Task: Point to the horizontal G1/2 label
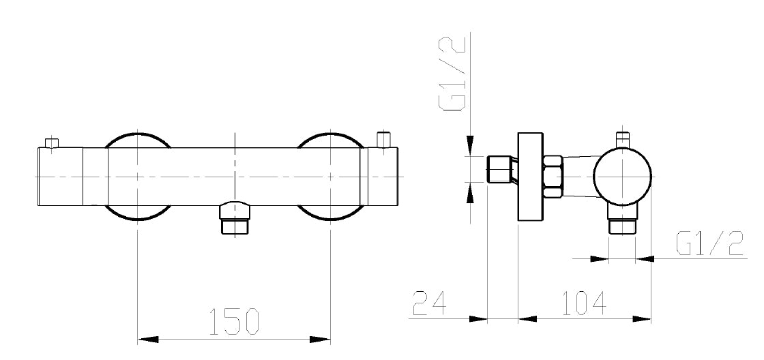(x=709, y=243)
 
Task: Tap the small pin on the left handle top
(x=50, y=142)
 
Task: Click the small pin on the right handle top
(x=384, y=138)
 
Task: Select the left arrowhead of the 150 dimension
(x=148, y=339)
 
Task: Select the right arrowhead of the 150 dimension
(x=320, y=339)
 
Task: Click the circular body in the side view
(x=622, y=175)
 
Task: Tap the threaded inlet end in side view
(x=500, y=169)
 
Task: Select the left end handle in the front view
(x=60, y=176)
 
